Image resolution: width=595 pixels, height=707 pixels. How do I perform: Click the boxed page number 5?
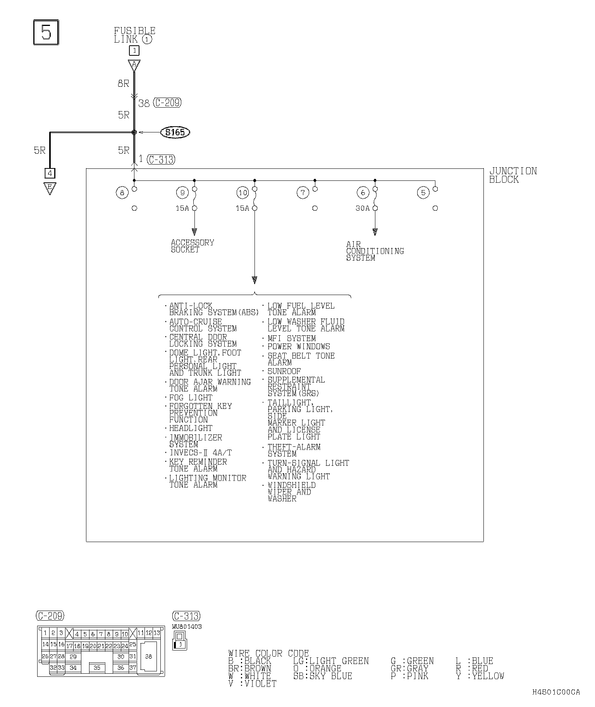[x=46, y=33]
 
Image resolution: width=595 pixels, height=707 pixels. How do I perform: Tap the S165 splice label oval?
[x=175, y=132]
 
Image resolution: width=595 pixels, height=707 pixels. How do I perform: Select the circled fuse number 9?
[x=182, y=192]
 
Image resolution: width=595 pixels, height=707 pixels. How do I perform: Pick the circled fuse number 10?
[x=242, y=192]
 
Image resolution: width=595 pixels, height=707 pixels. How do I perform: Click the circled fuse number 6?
[x=363, y=192]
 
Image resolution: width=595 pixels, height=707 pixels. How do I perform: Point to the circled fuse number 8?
[x=122, y=192]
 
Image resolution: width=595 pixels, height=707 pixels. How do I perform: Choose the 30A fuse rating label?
[x=363, y=208]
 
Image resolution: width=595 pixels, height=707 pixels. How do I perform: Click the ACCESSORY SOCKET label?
[x=193, y=246]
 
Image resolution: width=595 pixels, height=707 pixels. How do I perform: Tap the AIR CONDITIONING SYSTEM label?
[x=375, y=251]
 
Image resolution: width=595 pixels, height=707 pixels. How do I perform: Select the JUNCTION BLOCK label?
[x=513, y=175]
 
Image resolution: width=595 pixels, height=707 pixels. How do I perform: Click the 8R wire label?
[x=124, y=83]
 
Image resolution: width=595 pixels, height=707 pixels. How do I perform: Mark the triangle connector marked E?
[x=50, y=188]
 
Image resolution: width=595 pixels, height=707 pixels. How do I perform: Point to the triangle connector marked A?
[x=134, y=65]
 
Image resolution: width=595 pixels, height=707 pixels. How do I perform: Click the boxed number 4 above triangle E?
[x=50, y=173]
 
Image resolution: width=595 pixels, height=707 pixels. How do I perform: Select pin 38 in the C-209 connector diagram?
[x=148, y=656]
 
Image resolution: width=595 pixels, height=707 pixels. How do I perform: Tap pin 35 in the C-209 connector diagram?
[x=97, y=668]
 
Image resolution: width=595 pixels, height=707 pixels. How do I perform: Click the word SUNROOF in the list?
[x=284, y=371]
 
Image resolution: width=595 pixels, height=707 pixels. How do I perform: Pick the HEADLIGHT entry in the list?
[x=191, y=428]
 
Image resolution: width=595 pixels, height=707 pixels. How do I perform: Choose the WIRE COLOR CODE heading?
[x=268, y=654]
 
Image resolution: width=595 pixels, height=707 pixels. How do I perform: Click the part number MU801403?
[x=187, y=626]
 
